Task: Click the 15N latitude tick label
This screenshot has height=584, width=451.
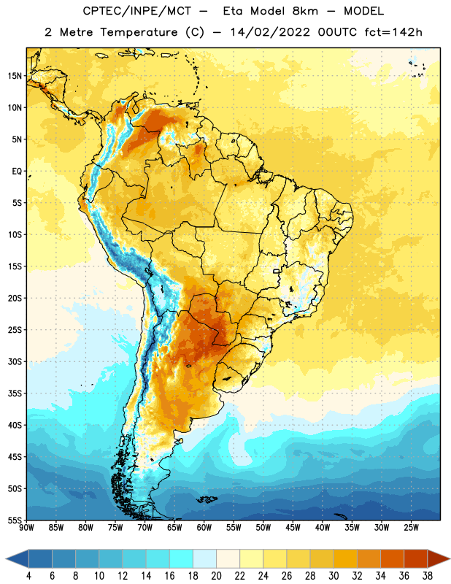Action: [x=15, y=76]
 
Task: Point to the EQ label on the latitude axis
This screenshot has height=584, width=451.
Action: [x=17, y=172]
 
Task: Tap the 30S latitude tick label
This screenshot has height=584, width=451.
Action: [x=15, y=361]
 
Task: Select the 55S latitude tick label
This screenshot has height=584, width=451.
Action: [x=15, y=520]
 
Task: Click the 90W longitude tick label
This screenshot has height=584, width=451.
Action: [x=26, y=528]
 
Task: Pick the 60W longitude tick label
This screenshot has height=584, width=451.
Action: [x=204, y=528]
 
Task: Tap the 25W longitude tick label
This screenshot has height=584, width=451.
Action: [x=411, y=528]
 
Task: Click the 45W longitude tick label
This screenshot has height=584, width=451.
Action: [x=293, y=528]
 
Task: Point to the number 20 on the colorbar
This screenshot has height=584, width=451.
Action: [x=216, y=576]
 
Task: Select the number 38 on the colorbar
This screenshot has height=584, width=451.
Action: [x=427, y=576]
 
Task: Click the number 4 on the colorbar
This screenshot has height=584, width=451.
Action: [x=28, y=576]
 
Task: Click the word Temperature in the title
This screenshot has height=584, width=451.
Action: [x=139, y=32]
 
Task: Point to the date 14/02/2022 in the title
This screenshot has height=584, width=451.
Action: [x=270, y=32]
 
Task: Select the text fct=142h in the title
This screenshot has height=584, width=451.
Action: [x=393, y=32]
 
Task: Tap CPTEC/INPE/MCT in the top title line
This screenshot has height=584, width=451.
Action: [x=136, y=11]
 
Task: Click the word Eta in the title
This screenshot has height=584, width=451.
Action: [x=233, y=11]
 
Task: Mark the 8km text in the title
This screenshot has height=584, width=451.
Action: [x=305, y=11]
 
